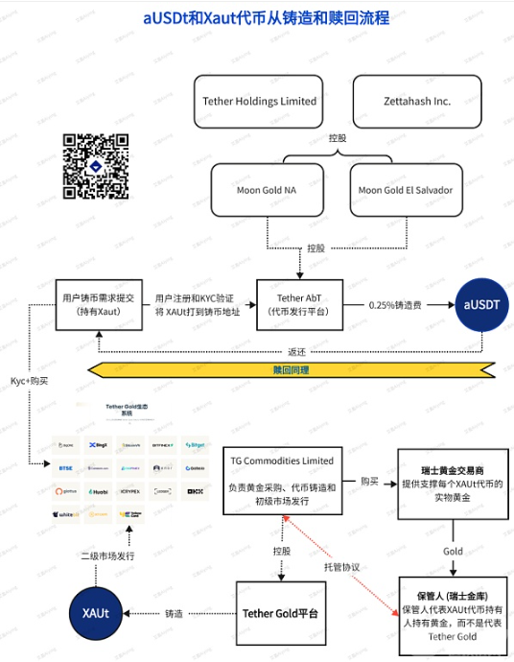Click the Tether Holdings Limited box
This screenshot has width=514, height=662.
(259, 101)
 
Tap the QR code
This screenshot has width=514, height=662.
(96, 166)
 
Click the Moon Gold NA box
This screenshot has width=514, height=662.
(267, 189)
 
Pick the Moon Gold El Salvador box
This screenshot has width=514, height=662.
(406, 189)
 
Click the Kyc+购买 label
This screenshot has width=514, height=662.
(30, 381)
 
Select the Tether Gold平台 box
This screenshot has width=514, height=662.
(281, 613)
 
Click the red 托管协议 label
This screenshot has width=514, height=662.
(341, 567)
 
